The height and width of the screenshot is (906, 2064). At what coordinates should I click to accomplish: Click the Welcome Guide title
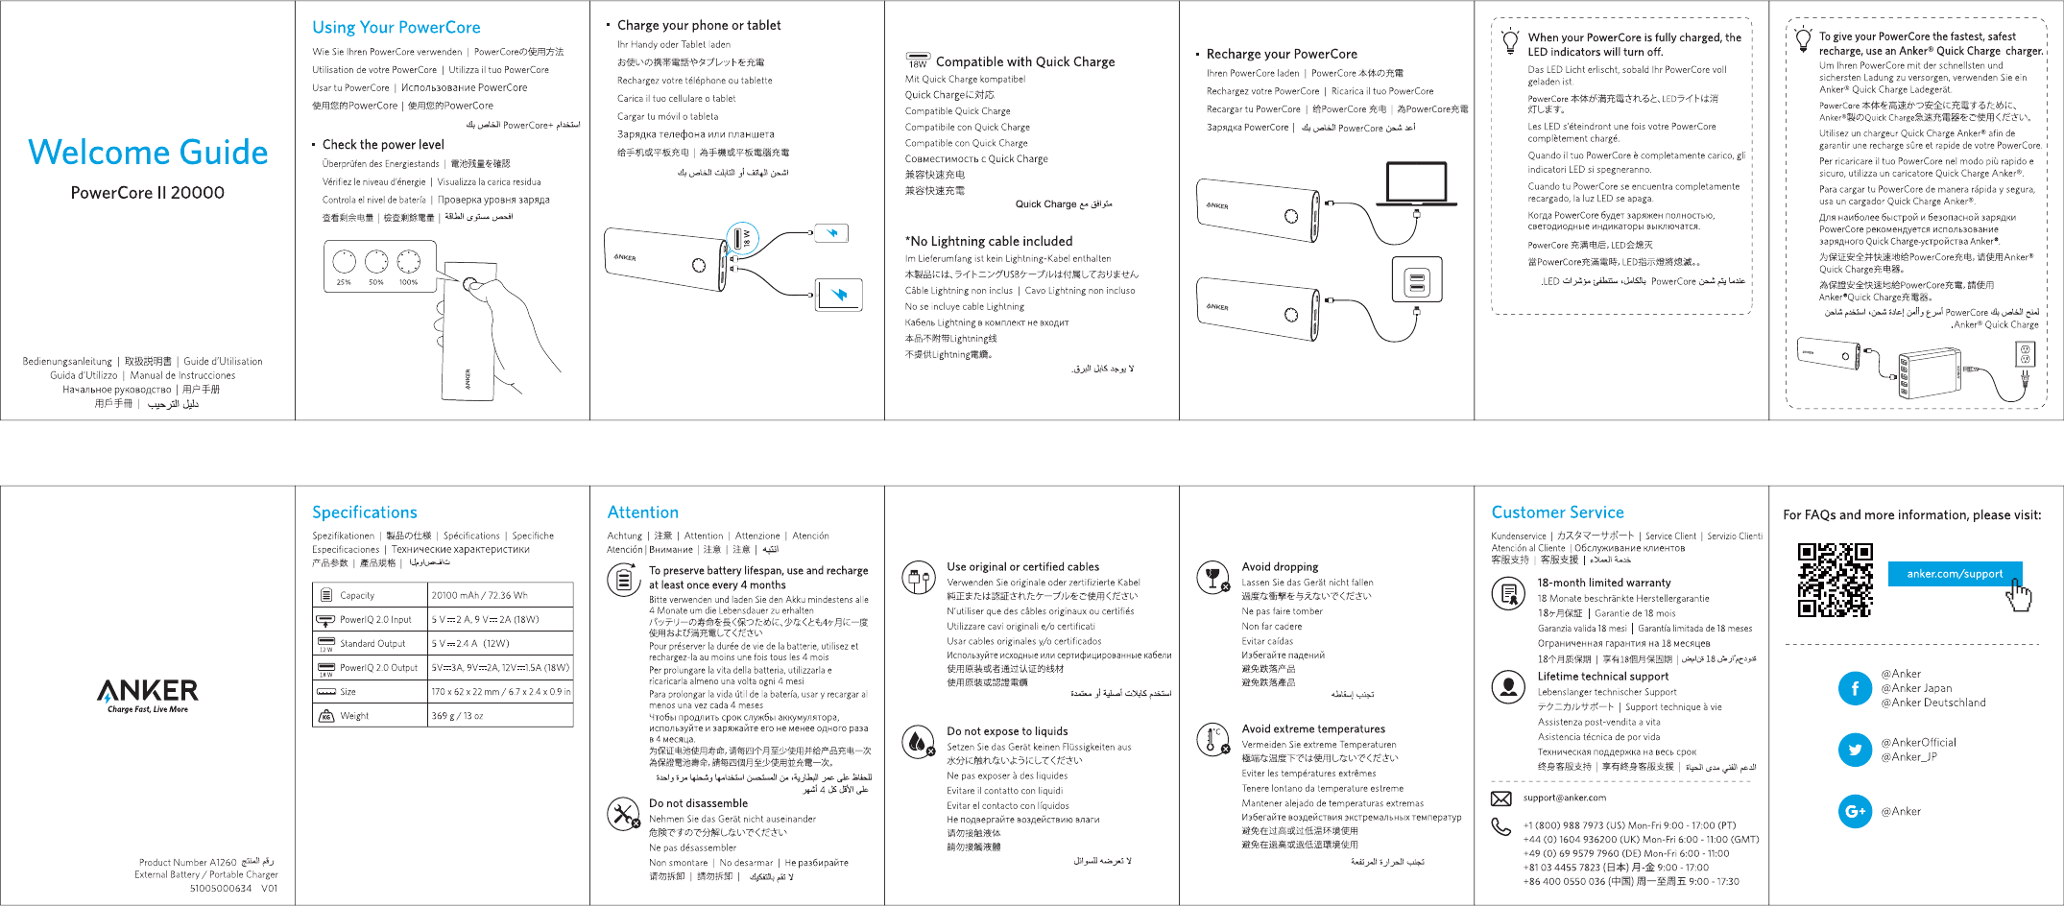coord(148,153)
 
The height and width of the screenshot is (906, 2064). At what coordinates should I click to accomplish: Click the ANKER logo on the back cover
coord(148,691)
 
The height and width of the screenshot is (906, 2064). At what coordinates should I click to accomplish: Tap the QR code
coord(1835,580)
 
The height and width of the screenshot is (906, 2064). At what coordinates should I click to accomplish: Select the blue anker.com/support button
coord(1955,574)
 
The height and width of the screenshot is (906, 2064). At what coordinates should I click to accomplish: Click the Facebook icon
coord(1854,688)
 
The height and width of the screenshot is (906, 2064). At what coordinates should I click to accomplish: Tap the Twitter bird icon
coord(1854,750)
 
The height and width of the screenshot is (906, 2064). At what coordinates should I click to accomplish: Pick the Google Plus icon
coord(1854,811)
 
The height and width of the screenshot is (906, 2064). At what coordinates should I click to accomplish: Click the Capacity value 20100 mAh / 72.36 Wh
coord(479,595)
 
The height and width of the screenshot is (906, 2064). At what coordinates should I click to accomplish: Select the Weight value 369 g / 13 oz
coord(457,715)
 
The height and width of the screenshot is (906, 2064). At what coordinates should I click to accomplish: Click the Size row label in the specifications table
coord(348,691)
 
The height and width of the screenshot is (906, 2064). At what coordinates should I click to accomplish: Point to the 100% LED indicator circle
coord(409,261)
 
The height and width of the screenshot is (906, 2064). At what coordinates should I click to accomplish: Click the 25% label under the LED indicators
coord(344,282)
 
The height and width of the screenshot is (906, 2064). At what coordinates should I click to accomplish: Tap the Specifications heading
coord(365,513)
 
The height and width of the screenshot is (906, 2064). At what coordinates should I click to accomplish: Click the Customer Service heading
coord(1557,513)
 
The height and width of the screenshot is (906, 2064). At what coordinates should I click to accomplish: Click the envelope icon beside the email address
coord(1500,799)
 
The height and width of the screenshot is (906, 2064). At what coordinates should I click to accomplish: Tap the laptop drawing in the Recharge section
coord(1417,184)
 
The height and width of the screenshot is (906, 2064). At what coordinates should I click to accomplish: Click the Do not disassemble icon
coord(623,814)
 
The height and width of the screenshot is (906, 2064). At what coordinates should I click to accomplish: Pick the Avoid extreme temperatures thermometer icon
coord(1212,739)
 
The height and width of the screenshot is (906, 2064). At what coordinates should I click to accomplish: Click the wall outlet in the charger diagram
coord(2027,355)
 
